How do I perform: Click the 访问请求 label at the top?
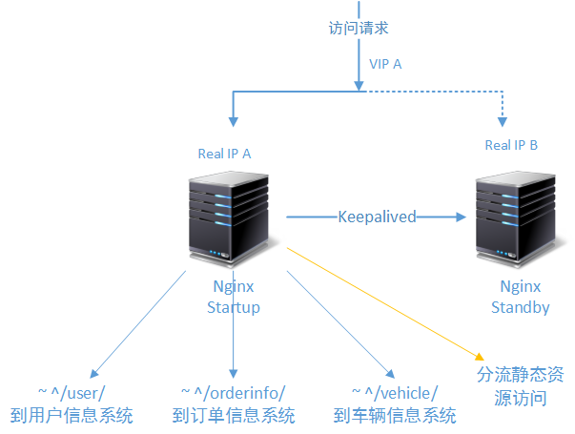coord(359,29)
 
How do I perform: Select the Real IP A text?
coord(224,153)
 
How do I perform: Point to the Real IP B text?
coord(511,145)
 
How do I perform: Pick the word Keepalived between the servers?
coord(377,217)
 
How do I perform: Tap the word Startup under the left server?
coord(234,307)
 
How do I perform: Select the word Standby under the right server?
coord(520,307)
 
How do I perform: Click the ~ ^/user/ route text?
coord(72,393)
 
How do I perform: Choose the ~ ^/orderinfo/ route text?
coord(233,393)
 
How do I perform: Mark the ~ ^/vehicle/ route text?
coord(395,393)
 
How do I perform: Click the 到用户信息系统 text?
coord(72,416)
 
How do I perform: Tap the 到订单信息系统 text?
coord(234,416)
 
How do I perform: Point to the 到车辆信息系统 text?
coord(395,416)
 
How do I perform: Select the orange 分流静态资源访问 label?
coord(520,386)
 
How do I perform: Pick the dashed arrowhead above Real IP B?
coord(502,120)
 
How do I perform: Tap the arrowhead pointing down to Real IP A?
coord(232,120)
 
